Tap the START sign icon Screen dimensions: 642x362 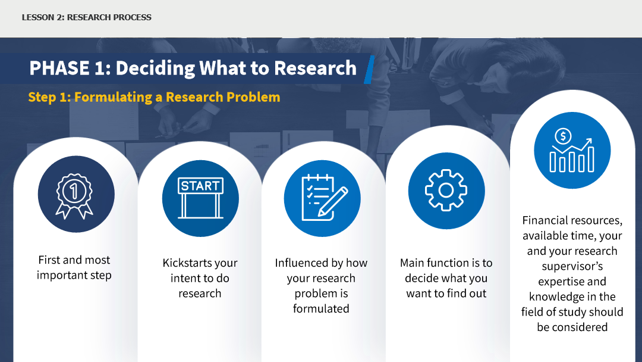point(201,198)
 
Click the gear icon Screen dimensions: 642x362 point(446,190)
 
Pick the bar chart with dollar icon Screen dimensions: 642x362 point(572,150)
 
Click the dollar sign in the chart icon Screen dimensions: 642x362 point(563,136)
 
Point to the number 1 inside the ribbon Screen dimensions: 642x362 point(74,191)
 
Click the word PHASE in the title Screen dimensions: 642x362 point(59,68)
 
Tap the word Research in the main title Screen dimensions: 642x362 point(315,68)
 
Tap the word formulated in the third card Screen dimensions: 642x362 point(321,308)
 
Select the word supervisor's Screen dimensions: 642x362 point(572,267)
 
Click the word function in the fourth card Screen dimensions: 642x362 point(450,263)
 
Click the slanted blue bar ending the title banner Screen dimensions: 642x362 point(369,70)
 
